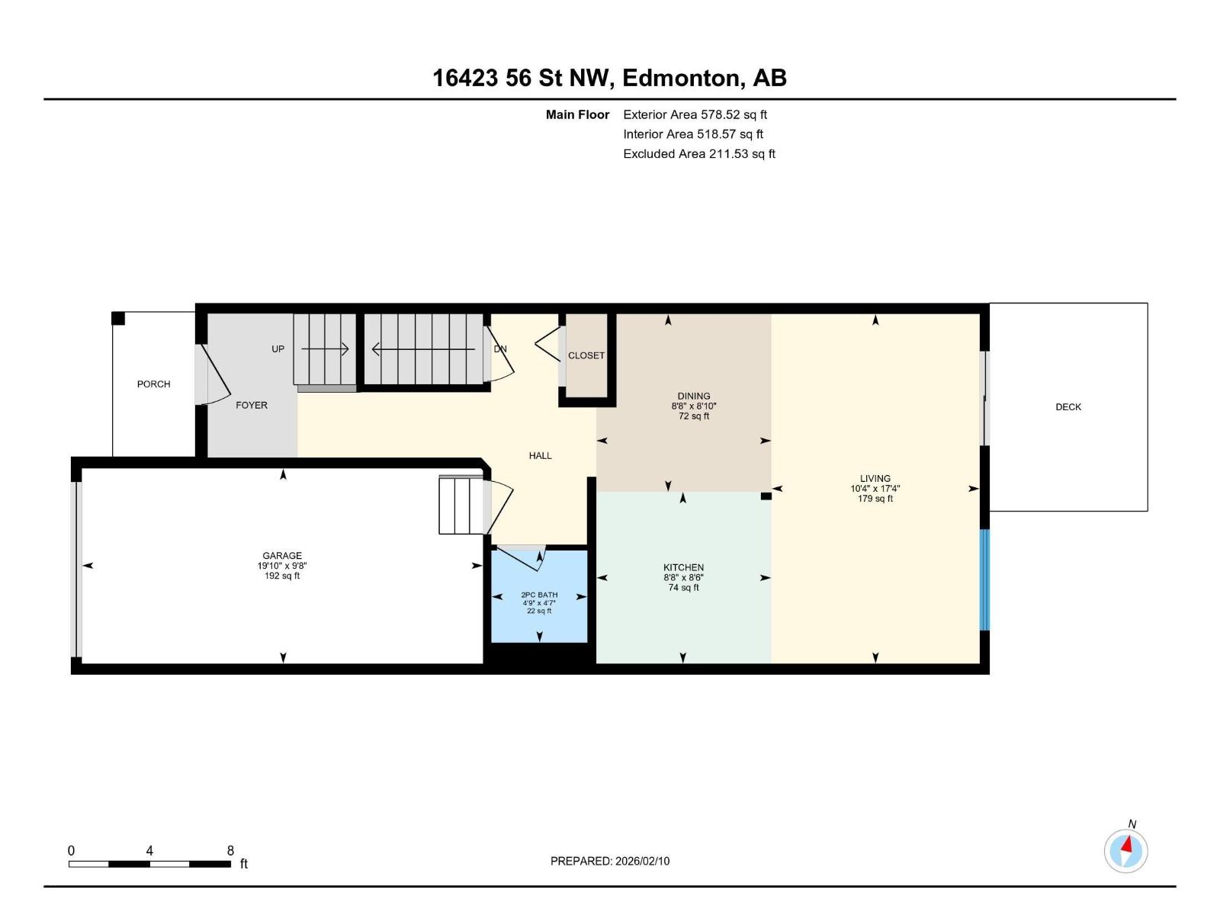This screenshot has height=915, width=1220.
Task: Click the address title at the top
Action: click(x=609, y=78)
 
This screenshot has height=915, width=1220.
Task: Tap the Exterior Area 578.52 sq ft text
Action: click(x=695, y=115)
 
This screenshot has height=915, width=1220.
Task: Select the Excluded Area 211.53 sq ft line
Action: click(x=698, y=154)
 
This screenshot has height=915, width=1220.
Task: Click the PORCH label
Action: click(x=153, y=384)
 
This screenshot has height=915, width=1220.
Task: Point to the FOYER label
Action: click(x=252, y=406)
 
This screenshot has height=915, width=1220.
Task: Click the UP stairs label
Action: click(x=278, y=349)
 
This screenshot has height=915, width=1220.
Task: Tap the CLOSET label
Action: click(x=586, y=356)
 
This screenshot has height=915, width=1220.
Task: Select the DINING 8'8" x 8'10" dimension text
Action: click(x=694, y=406)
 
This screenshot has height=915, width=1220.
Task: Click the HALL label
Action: click(x=540, y=456)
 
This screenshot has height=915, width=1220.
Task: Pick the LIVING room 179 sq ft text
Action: click(x=875, y=499)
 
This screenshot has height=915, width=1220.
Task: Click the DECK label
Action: click(x=1067, y=407)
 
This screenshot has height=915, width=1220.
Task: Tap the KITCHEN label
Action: click(x=683, y=567)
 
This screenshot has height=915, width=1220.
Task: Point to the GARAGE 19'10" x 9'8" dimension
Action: click(x=282, y=566)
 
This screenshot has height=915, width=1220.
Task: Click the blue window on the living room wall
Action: click(x=984, y=579)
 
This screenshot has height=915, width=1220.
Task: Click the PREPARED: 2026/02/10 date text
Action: click(x=610, y=861)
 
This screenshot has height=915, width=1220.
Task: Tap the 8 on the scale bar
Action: click(x=230, y=851)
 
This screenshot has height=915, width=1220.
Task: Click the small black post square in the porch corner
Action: click(x=118, y=319)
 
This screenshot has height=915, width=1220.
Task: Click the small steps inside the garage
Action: click(x=461, y=505)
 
